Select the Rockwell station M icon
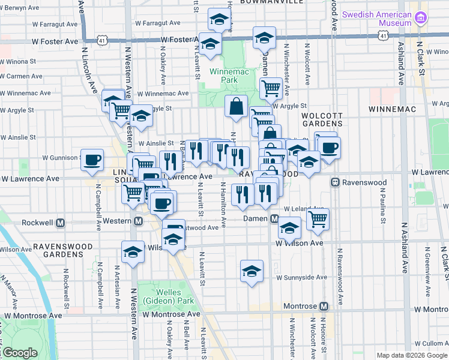pyautogui.click(x=60, y=223)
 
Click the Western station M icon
pyautogui.click(x=138, y=221)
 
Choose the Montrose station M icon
pyautogui.click(x=324, y=306)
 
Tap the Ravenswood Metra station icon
pyautogui.click(x=336, y=182)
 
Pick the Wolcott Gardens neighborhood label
pyautogui.click(x=321, y=119)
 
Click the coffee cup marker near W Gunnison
pyautogui.click(x=92, y=160)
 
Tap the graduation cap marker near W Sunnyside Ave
pyautogui.click(x=252, y=271)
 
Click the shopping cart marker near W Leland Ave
pyautogui.click(x=318, y=219)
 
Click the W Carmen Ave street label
pyautogui.click(x=22, y=77)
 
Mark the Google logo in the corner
pyautogui.click(x=20, y=353)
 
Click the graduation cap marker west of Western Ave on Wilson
pyautogui.click(x=133, y=251)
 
